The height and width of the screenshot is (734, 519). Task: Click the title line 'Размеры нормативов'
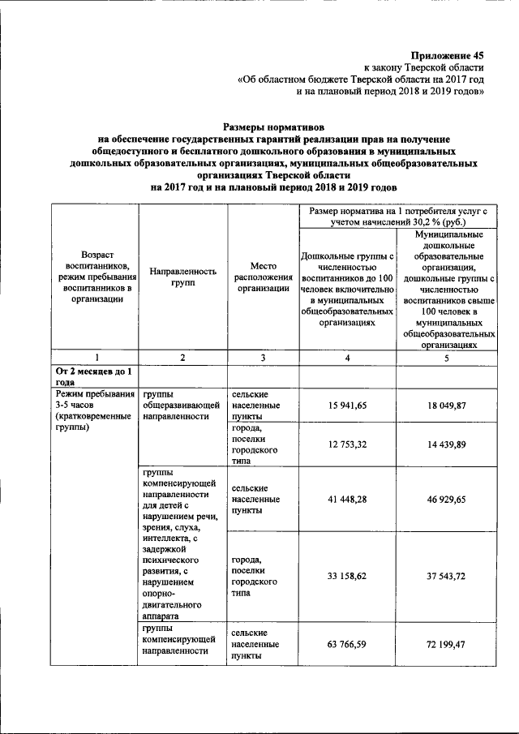(272, 127)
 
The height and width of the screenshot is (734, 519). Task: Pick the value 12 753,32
(349, 444)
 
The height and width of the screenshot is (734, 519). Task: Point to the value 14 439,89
(447, 444)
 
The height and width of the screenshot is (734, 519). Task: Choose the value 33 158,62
(349, 577)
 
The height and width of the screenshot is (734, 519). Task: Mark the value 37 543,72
(447, 577)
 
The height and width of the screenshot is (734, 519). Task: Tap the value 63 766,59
(349, 645)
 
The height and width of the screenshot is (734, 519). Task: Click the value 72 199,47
(447, 645)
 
